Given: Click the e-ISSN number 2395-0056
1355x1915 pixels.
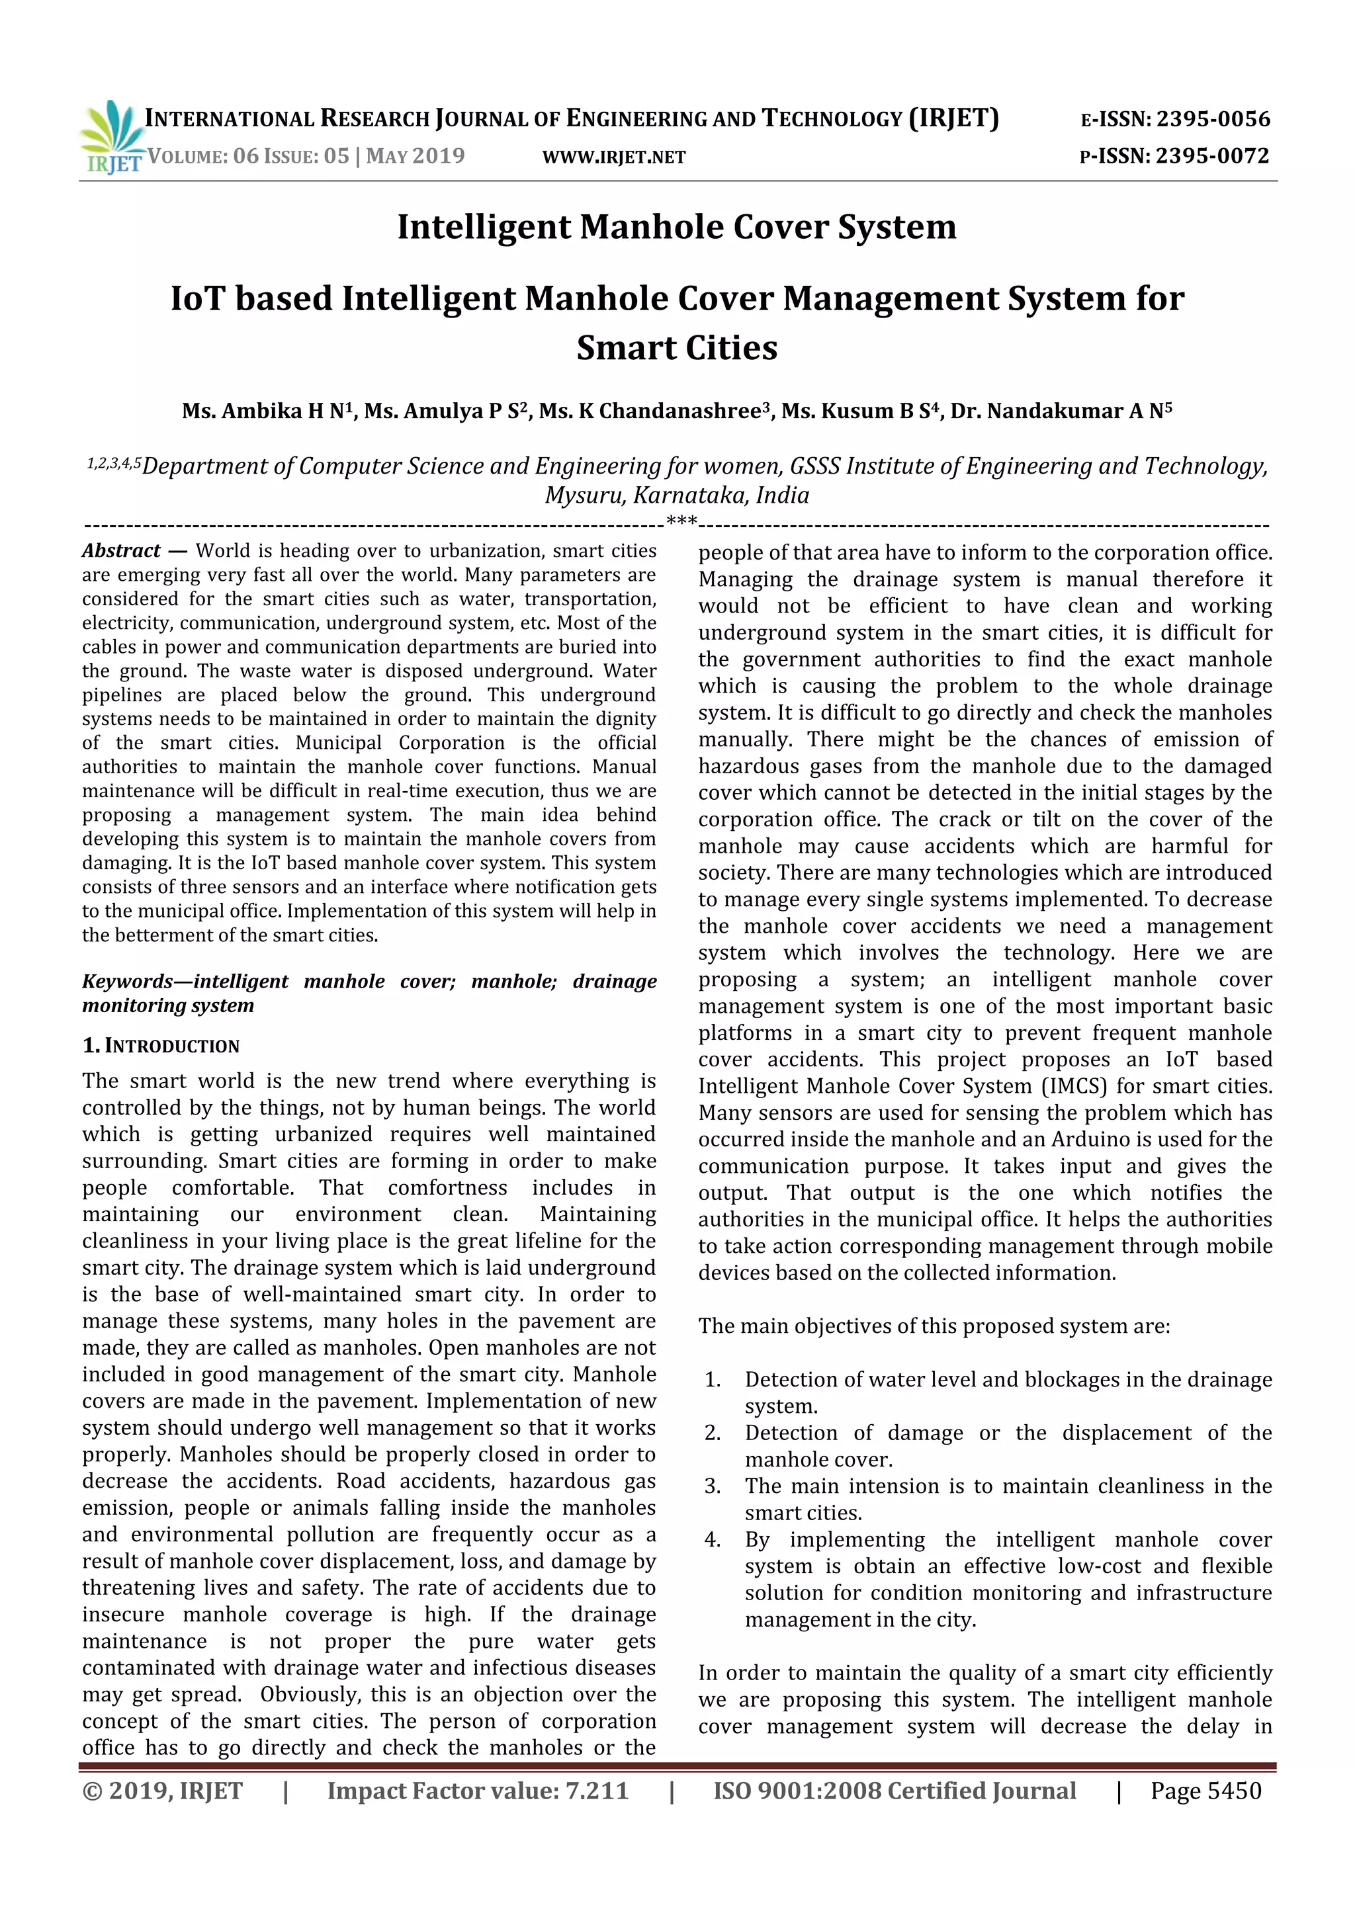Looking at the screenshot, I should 1211,119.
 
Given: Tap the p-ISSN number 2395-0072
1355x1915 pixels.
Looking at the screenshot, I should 1211,156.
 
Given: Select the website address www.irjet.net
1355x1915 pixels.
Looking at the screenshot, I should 613,157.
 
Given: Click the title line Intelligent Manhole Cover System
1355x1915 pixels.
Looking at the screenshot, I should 677,227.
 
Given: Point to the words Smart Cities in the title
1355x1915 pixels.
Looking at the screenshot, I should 677,347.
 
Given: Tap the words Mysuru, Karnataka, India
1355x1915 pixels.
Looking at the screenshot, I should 677,495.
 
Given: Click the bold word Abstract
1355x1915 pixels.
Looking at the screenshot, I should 121,550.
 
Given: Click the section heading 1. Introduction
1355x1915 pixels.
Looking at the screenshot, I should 160,1045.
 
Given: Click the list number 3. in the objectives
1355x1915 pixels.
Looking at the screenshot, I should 712,1486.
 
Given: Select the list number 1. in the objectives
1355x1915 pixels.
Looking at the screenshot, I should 712,1380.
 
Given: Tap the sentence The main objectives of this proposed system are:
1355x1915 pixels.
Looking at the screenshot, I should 934,1326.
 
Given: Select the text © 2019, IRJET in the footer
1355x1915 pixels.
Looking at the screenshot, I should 162,1791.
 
